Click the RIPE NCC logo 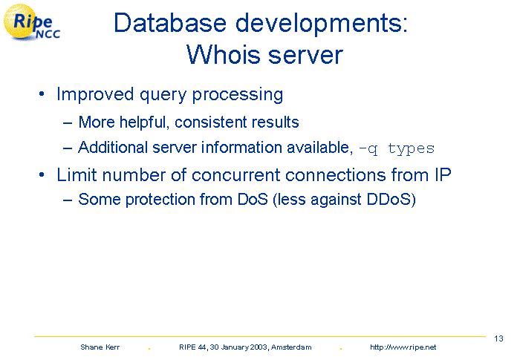[x=32, y=22]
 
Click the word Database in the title [x=170, y=23]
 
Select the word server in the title [x=305, y=56]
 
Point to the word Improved [x=95, y=94]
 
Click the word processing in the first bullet [x=238, y=95]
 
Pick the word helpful [x=143, y=122]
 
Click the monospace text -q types [x=397, y=148]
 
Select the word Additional [x=113, y=147]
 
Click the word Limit [x=77, y=174]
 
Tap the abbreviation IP [x=443, y=174]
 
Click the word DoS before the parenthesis [x=253, y=199]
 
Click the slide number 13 [x=498, y=338]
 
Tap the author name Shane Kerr [x=100, y=347]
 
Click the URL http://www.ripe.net [x=403, y=347]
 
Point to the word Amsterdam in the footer [x=291, y=347]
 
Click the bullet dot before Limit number [x=42, y=174]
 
